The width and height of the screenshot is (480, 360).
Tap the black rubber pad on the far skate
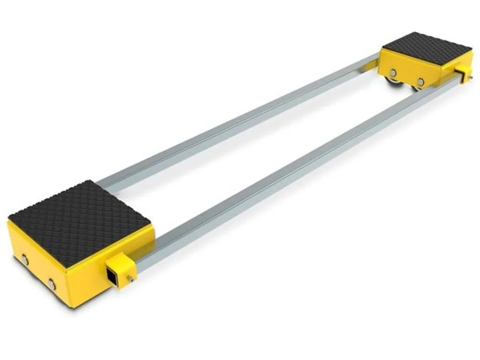tap(426, 48)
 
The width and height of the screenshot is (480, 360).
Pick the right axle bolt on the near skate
tap(51, 285)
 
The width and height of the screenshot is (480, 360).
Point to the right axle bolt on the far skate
tap(420, 82)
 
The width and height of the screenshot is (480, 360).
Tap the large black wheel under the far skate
tap(395, 87)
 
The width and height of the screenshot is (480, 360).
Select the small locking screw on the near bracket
tap(130, 278)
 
